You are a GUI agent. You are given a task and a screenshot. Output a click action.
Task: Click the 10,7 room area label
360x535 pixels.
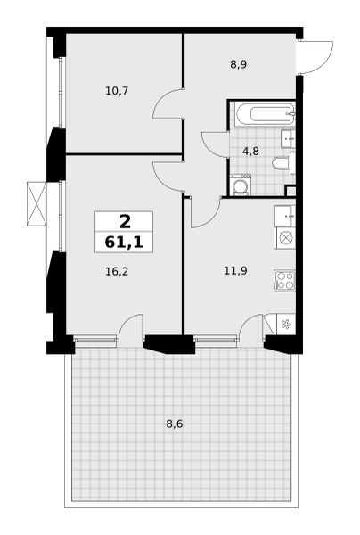point(117,91)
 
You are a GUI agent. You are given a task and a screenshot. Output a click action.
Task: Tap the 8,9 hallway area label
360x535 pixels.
point(238,64)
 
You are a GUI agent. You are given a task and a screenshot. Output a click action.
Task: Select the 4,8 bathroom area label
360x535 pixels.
point(250,152)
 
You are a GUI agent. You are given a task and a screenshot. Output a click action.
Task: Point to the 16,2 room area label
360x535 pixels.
point(117,272)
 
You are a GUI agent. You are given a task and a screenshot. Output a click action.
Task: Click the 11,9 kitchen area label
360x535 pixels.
point(235,271)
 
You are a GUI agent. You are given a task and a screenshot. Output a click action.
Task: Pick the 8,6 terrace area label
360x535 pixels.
point(175,424)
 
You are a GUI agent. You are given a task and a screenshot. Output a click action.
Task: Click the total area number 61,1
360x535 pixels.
point(124,243)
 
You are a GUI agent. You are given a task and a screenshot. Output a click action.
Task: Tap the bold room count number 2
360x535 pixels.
point(125,222)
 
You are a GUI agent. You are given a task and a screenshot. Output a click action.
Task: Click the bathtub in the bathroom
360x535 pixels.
point(265,113)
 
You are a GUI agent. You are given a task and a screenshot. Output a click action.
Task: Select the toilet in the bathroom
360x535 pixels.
point(283,163)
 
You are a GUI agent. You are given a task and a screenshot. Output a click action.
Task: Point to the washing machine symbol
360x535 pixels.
point(241,185)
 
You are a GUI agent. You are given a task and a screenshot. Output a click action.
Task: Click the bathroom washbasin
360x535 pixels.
point(289,138)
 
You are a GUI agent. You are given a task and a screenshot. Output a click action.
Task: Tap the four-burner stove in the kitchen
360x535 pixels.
point(284,281)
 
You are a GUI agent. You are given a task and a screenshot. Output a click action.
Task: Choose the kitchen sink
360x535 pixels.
point(285,216)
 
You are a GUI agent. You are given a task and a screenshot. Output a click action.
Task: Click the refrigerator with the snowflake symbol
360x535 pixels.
point(285,325)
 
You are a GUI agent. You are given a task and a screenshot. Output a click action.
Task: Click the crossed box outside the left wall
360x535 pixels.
point(37,203)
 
